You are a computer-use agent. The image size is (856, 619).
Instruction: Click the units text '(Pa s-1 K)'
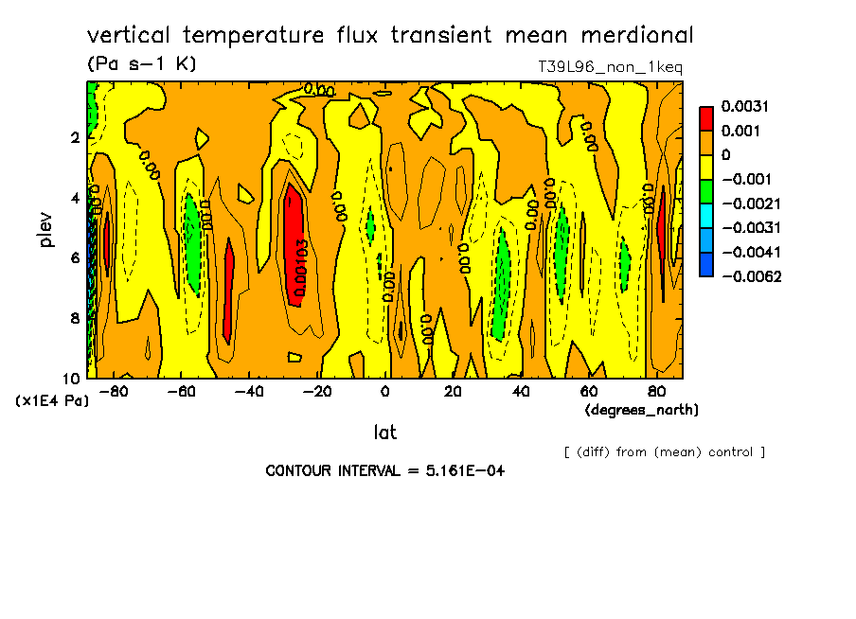click(141, 64)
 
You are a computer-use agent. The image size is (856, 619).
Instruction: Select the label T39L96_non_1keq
click(610, 67)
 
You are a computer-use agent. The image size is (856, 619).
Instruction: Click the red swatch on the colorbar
click(705, 117)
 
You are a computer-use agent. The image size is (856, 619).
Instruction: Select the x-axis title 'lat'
click(384, 433)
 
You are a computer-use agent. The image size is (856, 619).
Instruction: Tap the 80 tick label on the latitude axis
click(656, 391)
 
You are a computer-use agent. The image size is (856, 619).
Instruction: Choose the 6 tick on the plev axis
click(74, 257)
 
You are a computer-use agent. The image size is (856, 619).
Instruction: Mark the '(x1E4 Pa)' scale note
click(52, 400)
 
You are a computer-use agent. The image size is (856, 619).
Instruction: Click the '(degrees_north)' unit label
click(642, 409)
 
